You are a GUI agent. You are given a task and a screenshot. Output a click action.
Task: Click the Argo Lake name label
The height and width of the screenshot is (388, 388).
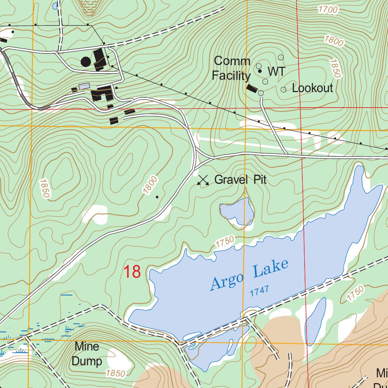point(249,275)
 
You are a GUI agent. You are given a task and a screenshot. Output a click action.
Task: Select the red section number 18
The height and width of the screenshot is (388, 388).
point(132,272)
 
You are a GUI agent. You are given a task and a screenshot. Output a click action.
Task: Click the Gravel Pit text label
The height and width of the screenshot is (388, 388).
point(240,180)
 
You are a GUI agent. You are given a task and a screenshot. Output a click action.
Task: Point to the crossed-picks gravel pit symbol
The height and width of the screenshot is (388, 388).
point(203,181)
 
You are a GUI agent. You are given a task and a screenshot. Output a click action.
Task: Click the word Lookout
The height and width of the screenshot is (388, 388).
point(313,88)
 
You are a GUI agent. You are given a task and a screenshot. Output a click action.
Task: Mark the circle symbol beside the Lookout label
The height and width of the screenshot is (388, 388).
point(283,89)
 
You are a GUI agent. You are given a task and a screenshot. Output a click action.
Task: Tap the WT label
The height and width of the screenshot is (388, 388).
point(276,71)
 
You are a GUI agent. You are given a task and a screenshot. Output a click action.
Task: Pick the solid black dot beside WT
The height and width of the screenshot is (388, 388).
point(260,71)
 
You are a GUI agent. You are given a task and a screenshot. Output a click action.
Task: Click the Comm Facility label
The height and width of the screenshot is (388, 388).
point(232,69)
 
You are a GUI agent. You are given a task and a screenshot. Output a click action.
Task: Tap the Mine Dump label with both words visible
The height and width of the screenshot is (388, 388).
point(87,354)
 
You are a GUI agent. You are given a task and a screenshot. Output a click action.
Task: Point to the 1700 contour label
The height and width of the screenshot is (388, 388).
point(328,9)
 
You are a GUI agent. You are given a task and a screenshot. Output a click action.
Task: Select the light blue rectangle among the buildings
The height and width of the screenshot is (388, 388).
point(84,86)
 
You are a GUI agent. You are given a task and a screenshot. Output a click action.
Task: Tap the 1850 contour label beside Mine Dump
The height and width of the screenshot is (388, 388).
point(116,373)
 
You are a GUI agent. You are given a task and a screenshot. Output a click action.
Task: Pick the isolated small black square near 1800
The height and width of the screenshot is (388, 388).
point(157,197)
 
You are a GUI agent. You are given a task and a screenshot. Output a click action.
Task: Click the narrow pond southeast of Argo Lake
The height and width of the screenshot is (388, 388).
point(315,320)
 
